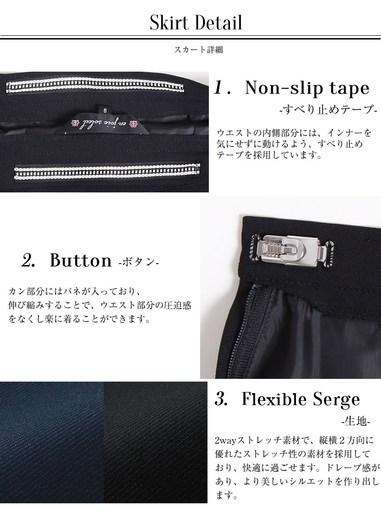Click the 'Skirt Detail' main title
(x=196, y=23)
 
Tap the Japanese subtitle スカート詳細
(x=198, y=50)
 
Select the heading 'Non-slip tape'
(x=307, y=88)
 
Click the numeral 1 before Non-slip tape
(x=219, y=88)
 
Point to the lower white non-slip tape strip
(x=107, y=172)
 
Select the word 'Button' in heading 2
(x=81, y=260)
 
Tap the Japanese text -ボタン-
(x=139, y=262)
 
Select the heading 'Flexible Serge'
(x=301, y=399)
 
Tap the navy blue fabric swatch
(x=52, y=442)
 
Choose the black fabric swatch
(x=156, y=442)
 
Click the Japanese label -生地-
(x=356, y=421)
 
